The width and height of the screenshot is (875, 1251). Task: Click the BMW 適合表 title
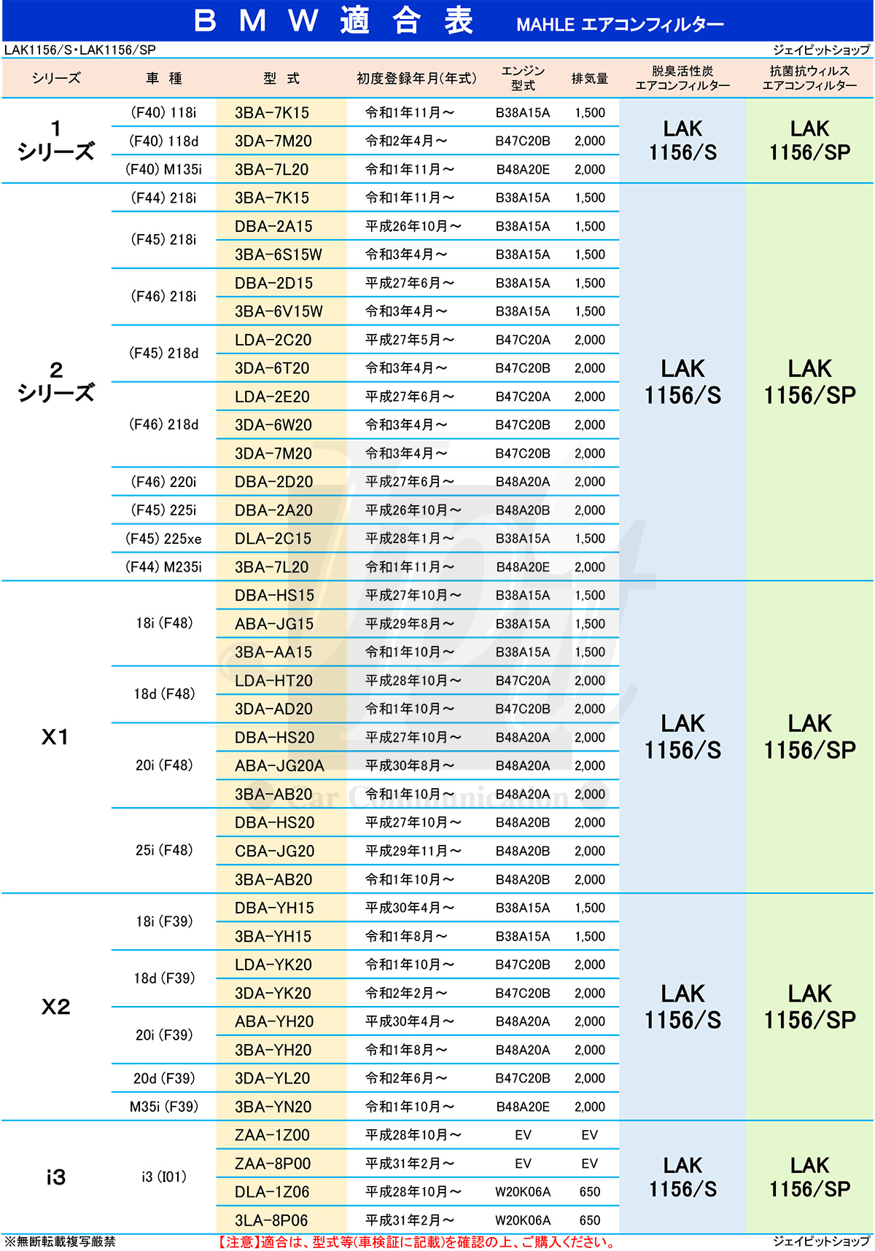pos(334,21)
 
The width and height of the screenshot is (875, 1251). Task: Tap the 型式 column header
pos(281,78)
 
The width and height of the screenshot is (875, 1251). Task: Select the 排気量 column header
pos(589,78)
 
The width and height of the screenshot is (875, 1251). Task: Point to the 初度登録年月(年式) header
pos(416,78)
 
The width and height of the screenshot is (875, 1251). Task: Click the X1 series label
pos(55,737)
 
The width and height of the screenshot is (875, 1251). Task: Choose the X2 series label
pos(55,1007)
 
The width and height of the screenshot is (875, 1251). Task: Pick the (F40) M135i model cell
pos(163,169)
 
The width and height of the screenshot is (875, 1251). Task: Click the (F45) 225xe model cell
pos(163,539)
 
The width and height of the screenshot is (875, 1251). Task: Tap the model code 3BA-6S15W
pos(279,254)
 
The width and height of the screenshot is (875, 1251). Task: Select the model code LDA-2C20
pos(273,340)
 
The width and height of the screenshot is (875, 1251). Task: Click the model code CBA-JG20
pos(274,851)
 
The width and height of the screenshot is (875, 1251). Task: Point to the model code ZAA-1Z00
pos(272,1135)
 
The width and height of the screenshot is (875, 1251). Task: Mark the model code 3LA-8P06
pos(271,1220)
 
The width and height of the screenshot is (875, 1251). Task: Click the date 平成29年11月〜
pos(413,851)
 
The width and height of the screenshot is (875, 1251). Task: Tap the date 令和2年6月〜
pos(407,1078)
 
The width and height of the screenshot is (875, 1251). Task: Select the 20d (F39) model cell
pos(163,1078)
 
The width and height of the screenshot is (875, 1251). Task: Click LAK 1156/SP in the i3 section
pos(809,1177)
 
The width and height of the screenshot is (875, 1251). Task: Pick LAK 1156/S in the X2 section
pos(682,1007)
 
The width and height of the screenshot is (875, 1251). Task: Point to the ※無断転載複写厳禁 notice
pos(60,1242)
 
